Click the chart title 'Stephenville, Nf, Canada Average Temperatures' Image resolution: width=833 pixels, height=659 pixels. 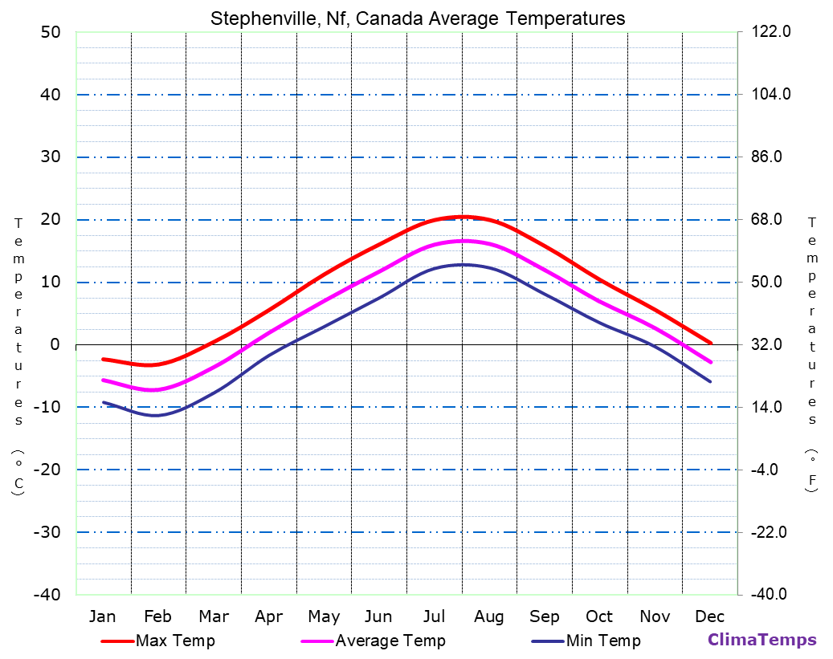tap(418, 18)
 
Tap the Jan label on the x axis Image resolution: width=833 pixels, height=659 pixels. tap(102, 616)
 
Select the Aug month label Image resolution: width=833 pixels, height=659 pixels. tap(488, 616)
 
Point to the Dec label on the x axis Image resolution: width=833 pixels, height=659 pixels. tap(710, 616)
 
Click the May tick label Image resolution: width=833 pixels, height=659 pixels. tap(324, 616)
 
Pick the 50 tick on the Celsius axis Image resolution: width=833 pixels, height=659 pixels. tap(50, 32)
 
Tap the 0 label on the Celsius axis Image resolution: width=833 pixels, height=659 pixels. tap(55, 344)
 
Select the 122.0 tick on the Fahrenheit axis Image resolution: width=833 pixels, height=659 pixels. tap(771, 32)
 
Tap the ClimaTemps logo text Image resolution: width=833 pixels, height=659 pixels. tap(762, 641)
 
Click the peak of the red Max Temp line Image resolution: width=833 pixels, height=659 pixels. tap(464, 217)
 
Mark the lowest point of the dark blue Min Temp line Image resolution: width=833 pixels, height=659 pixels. tap(155, 415)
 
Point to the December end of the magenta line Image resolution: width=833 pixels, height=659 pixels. tap(711, 362)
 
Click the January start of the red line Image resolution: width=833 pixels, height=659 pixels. tap(103, 359)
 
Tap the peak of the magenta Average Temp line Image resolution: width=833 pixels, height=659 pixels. tap(463, 241)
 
